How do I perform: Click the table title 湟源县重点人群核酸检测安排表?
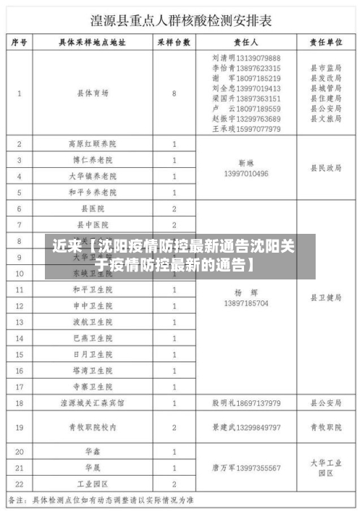(181, 20)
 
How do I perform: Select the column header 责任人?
(247, 43)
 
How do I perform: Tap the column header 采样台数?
(174, 43)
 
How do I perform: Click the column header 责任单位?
(326, 43)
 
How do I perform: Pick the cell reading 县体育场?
(93, 93)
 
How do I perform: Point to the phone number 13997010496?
(247, 174)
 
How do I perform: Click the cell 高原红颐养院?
(91, 144)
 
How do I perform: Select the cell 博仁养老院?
(91, 160)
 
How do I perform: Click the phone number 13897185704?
(247, 304)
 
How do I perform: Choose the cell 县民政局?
(326, 168)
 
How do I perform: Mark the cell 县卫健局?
(326, 298)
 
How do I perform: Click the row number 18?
(20, 403)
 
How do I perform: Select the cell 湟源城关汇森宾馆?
(91, 403)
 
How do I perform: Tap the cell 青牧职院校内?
(93, 427)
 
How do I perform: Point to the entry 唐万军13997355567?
(247, 468)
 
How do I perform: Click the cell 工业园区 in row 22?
(93, 484)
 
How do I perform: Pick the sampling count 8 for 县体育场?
(174, 93)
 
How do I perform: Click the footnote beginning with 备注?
(101, 500)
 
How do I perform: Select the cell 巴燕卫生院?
(91, 338)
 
